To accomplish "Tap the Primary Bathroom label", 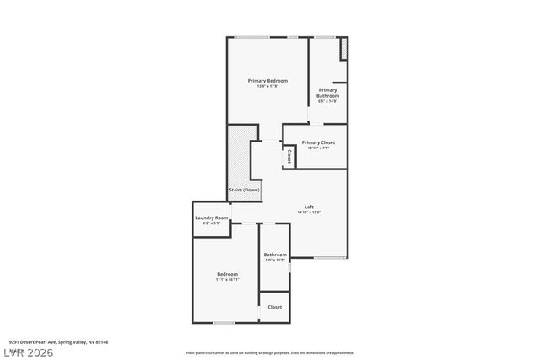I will (x=327, y=93).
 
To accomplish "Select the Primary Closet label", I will (x=318, y=142).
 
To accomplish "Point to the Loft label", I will (x=309, y=207).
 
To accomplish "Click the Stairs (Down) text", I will (x=245, y=190).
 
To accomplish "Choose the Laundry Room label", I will (x=212, y=218).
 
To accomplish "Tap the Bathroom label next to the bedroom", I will (x=275, y=255).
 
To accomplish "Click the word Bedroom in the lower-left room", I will (x=227, y=273).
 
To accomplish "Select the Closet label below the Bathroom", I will (x=275, y=307).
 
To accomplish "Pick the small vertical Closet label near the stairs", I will (x=289, y=157).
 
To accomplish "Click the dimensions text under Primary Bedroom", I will (x=262, y=86).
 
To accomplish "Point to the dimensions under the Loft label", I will (x=309, y=212).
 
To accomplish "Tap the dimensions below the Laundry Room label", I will (x=212, y=223).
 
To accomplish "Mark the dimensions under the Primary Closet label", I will (x=318, y=148).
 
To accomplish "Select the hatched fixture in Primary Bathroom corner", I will (x=343, y=49).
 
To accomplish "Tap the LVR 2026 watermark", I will (x=27, y=350).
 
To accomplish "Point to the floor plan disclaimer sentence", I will (x=270, y=352).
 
